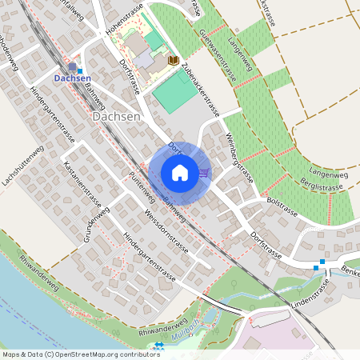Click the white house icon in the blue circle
[x=179, y=172]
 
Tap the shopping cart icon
[x=204, y=172]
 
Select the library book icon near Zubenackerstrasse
[x=173, y=61]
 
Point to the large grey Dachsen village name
[x=117, y=116]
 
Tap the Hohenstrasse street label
[x=124, y=23]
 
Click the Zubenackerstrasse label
[x=200, y=89]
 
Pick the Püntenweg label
[x=142, y=185]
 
